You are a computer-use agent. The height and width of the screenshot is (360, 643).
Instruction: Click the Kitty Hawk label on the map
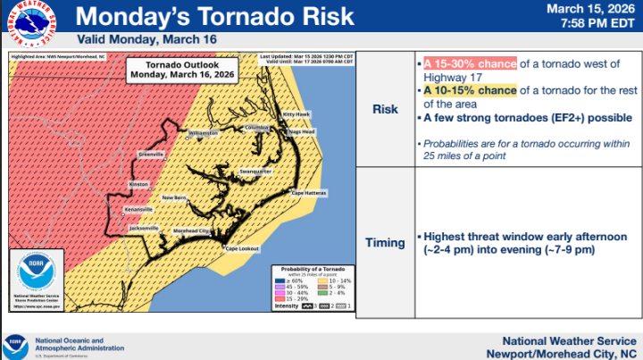pyautogui.click(x=295, y=115)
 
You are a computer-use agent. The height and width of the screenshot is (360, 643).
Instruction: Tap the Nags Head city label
pyautogui.click(x=301, y=131)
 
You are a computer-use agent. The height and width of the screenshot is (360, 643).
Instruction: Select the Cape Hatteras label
pyautogui.click(x=307, y=193)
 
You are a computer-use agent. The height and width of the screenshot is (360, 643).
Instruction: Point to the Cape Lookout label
pyautogui.click(x=242, y=247)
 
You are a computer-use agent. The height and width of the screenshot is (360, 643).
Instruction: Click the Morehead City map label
pyautogui.click(x=192, y=230)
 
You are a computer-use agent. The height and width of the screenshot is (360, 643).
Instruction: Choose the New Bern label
pyautogui.click(x=174, y=197)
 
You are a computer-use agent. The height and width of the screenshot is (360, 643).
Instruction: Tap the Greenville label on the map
pyautogui.click(x=151, y=153)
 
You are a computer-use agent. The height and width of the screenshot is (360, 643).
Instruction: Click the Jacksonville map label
pyautogui.click(x=144, y=228)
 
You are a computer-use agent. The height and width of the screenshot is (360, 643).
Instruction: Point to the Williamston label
pyautogui.click(x=204, y=133)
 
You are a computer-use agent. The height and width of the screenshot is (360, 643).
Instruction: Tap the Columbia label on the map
pyautogui.click(x=257, y=127)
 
